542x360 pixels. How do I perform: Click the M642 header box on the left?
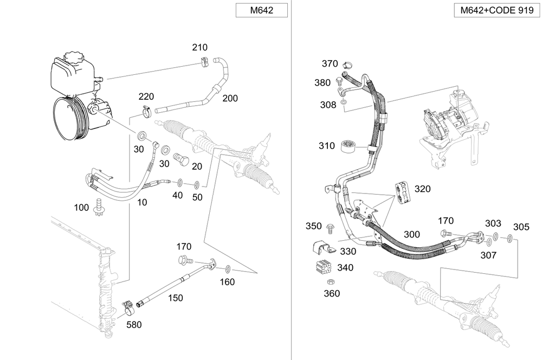point(261,11)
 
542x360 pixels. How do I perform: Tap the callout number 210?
point(199,48)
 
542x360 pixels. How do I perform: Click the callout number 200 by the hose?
point(230,98)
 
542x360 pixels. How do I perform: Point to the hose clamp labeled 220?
point(146,113)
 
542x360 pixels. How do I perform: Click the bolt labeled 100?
point(99,205)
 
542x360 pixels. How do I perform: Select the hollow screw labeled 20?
point(181,160)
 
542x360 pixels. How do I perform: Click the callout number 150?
point(175,298)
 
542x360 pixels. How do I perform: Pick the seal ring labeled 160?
point(228,268)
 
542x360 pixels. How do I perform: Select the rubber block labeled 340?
point(324,268)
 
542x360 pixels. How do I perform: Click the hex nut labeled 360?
point(329,282)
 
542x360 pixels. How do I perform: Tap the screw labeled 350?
point(331,226)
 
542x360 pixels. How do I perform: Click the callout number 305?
point(521,227)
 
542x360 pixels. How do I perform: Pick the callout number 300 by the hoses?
point(411,234)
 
